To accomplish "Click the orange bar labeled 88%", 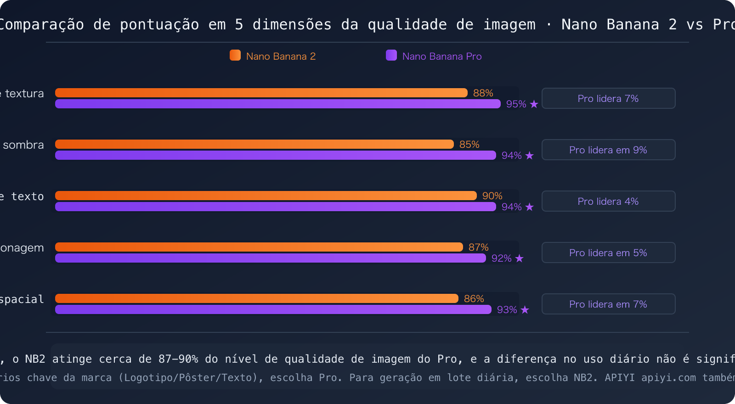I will pos(261,93).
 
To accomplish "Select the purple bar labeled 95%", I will pos(277,104).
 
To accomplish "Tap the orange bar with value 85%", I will pos(254,144).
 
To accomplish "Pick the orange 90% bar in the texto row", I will pos(266,196).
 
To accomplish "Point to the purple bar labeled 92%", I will pos(270,258).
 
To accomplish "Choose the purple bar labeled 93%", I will pos(273,309).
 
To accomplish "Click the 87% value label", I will pos(478,247).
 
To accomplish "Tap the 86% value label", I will pos(474,299).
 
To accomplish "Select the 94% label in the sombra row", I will pos(511,156).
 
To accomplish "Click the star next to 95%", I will pos(534,104).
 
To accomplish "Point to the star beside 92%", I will pos(519,258).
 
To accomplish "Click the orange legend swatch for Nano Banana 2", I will pos(235,56).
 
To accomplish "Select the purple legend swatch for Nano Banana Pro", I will pos(391,56).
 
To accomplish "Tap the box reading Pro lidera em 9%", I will pos(608,150).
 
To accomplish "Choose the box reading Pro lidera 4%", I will pos(608,201).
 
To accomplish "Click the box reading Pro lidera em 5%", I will pos(608,252).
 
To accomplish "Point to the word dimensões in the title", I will pos(292,24).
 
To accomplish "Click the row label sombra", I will pos(23,145).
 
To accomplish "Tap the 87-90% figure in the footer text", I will pos(178,359).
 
